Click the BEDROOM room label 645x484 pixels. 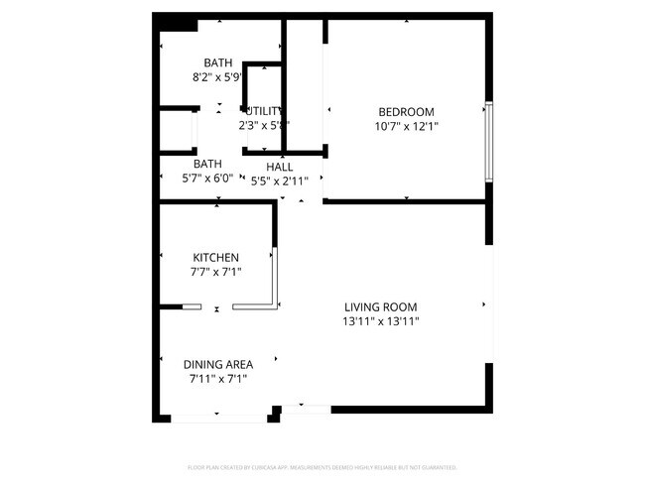pos(406,111)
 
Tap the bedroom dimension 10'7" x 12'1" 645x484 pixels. pos(406,126)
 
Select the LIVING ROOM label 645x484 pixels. pos(380,306)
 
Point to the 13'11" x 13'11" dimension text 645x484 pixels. pos(380,321)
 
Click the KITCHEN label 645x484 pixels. pos(215,258)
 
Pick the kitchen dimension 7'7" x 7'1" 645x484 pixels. pos(215,272)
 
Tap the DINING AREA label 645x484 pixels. pos(218,364)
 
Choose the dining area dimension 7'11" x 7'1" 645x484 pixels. pos(218,378)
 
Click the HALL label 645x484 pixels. pos(279,167)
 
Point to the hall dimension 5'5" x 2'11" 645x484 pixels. pos(279,181)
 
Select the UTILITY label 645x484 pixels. pos(265,111)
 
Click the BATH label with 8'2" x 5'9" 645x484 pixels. pos(218,62)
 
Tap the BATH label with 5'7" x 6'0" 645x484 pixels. pos(207,164)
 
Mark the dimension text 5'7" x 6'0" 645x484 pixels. pos(207,179)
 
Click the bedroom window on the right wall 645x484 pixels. pos(487,141)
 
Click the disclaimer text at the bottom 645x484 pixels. pos(322,466)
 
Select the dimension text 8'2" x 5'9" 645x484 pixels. pos(218,76)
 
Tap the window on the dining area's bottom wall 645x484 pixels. pos(219,418)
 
